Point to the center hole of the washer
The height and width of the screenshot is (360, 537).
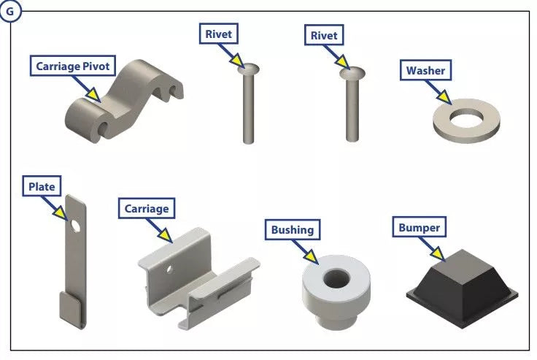(467, 117)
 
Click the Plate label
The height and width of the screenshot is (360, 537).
(42, 187)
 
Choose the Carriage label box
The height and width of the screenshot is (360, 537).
(147, 209)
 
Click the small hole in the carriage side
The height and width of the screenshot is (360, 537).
(169, 269)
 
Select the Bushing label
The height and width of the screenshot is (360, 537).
(292, 229)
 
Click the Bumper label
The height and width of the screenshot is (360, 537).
(419, 228)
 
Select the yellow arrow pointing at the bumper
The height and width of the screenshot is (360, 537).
(437, 252)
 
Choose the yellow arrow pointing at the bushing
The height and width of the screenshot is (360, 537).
(312, 255)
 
